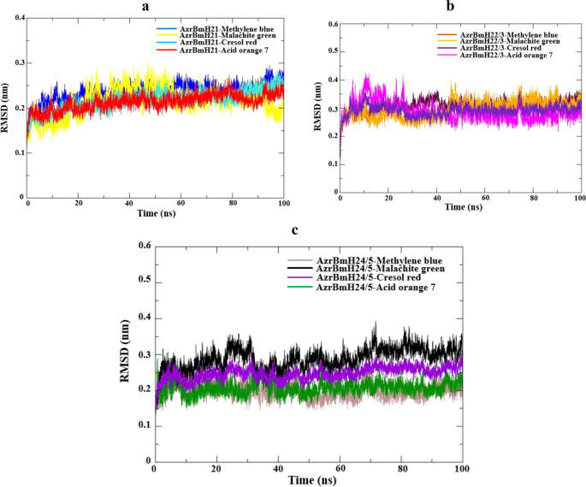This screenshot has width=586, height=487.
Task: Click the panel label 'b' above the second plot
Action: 451,7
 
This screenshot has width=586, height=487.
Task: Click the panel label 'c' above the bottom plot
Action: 295,229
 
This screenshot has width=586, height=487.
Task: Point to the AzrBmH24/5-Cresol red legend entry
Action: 370,277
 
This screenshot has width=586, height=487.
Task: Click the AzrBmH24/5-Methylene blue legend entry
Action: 378,258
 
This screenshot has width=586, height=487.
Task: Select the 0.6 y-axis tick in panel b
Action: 329,21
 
